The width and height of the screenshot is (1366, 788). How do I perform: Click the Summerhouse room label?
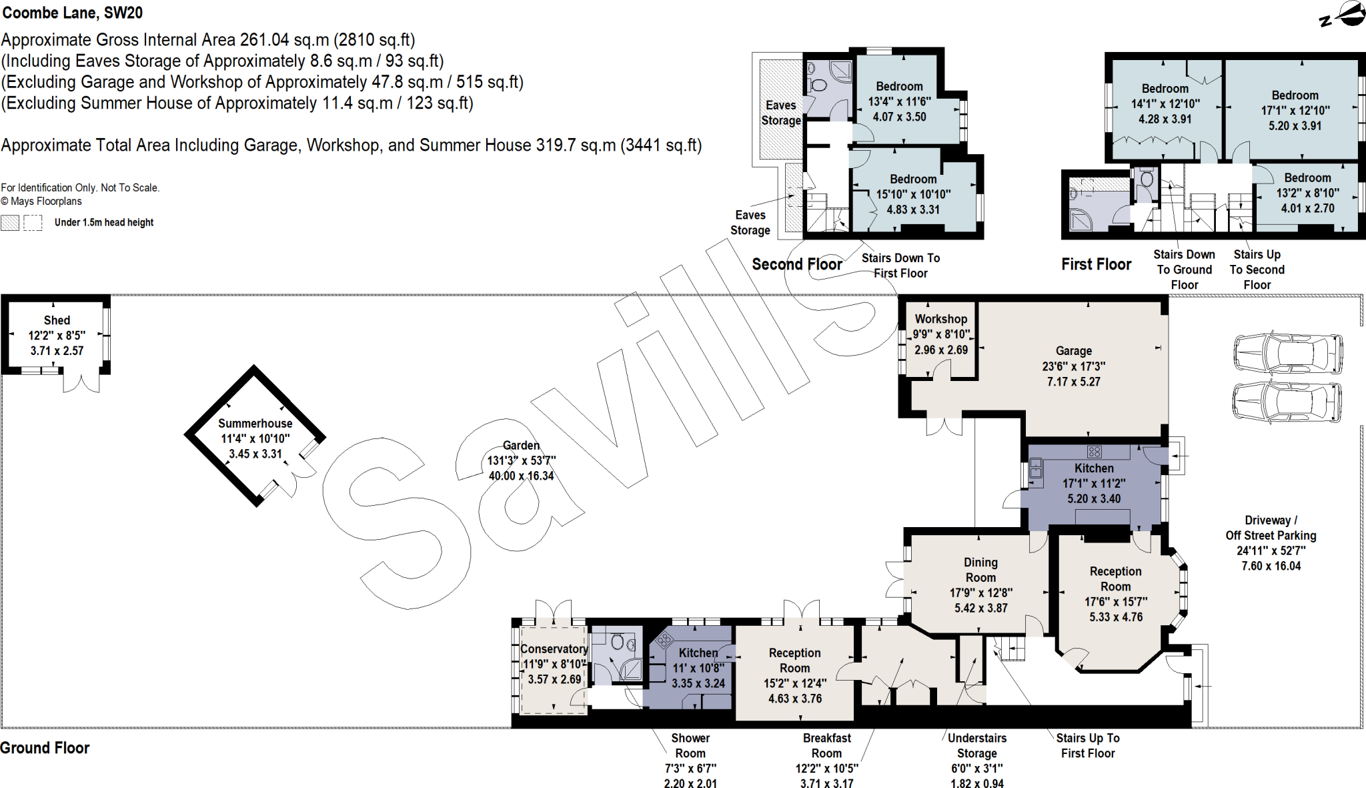(255, 423)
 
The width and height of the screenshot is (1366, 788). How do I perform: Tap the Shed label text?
(57, 320)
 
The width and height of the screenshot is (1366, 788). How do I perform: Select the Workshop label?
(940, 319)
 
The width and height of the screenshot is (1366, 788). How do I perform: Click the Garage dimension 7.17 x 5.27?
(1073, 382)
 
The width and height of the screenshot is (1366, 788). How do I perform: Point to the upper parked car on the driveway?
(1287, 354)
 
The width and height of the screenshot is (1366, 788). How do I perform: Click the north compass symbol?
(1343, 15)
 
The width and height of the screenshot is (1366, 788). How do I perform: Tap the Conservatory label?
(554, 649)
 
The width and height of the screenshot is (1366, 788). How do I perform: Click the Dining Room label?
(980, 570)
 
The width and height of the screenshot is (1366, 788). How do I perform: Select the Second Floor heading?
(796, 264)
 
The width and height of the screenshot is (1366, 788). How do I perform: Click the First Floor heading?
(1096, 264)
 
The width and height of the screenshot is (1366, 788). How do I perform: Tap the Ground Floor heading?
(45, 748)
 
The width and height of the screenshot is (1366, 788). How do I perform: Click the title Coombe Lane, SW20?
(72, 13)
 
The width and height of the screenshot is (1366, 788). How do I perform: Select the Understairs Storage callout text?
(976, 745)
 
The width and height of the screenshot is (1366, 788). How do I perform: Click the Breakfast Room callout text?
(826, 745)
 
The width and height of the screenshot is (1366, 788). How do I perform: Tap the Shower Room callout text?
(690, 745)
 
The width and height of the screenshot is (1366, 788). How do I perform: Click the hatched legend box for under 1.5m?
(10, 223)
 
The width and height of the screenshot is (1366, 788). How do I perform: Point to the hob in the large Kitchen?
(1094, 452)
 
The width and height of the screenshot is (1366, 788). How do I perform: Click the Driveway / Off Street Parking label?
(1271, 528)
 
